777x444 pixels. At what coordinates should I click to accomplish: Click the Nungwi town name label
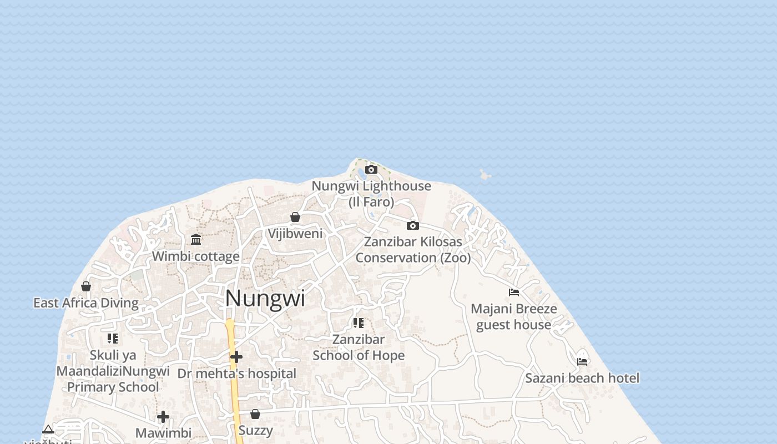pos(265,299)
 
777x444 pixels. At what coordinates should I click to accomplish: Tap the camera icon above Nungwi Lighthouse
pos(371,170)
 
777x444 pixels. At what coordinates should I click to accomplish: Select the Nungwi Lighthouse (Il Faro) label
pos(371,194)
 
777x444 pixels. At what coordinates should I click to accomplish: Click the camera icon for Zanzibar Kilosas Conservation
pos(412,225)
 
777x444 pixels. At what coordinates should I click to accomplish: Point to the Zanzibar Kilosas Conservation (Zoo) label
pos(413,250)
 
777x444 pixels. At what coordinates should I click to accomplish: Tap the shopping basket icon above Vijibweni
pos(295,217)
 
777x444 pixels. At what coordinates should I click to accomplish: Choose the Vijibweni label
pos(295,234)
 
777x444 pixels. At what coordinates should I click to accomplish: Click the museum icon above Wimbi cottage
pos(196,239)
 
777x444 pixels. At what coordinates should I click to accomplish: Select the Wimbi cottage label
pos(196,256)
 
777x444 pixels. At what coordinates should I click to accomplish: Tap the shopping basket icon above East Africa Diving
pos(86,286)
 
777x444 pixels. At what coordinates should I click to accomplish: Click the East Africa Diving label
pos(86,303)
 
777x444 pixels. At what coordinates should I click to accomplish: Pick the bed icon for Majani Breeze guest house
pos(514,292)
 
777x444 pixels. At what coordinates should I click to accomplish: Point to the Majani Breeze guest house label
pos(514,316)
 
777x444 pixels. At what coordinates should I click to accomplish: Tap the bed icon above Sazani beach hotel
pos(582,361)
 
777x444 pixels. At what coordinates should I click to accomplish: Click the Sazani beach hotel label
pos(582,379)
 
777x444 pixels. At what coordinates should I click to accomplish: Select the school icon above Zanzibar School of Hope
pos(359,322)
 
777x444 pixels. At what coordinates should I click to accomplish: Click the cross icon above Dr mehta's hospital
pos(236,357)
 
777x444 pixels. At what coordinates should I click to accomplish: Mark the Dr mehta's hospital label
pos(236,374)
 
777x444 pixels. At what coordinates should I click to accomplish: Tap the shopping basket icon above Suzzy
pos(255,414)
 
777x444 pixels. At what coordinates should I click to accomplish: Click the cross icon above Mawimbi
pos(163,417)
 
